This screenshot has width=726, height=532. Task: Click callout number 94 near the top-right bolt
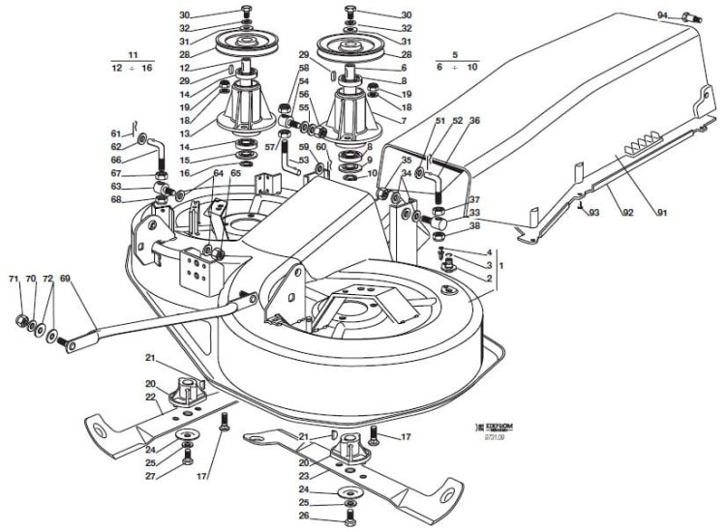(x=662, y=15)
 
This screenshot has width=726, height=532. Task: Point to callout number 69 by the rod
(x=66, y=278)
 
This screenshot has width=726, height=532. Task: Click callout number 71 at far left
(x=14, y=279)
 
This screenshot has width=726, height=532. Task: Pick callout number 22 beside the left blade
(x=150, y=397)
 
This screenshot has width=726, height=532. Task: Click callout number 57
(x=270, y=147)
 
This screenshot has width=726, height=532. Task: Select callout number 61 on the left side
(x=115, y=133)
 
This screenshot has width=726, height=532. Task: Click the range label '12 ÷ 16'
(x=133, y=70)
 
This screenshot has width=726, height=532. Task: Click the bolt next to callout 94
(x=692, y=16)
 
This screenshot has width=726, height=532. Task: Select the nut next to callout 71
(x=18, y=320)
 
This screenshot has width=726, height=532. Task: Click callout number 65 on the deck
(x=235, y=173)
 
